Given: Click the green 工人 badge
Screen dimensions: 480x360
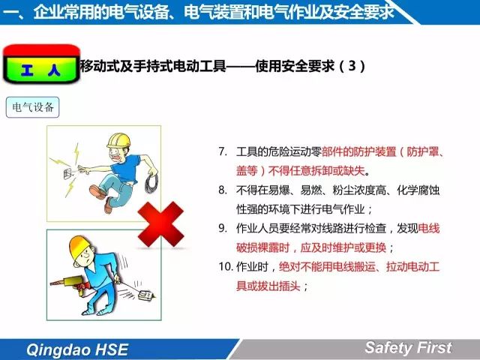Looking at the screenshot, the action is pyautogui.click(x=41, y=64).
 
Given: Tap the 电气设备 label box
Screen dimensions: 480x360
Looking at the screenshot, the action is pyautogui.click(x=32, y=107).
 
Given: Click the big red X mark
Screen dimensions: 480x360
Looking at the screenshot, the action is pyautogui.click(x=160, y=224).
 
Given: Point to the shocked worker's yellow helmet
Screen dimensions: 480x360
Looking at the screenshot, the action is pyautogui.click(x=118, y=140).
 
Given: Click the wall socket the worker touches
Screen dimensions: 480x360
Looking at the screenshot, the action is pyautogui.click(x=68, y=173).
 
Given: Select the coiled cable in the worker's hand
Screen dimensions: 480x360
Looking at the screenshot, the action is pyautogui.click(x=151, y=183).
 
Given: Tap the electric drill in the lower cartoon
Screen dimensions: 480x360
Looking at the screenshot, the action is pyautogui.click(x=70, y=284).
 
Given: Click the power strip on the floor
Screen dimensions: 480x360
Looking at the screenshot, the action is pyautogui.click(x=146, y=295).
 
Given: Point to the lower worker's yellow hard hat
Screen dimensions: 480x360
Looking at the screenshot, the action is pyautogui.click(x=79, y=246).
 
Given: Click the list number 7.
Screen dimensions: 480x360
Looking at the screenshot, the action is pyautogui.click(x=223, y=151).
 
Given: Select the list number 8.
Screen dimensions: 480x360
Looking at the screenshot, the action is pyautogui.click(x=223, y=190).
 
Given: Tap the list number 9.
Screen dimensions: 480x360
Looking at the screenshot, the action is pyautogui.click(x=223, y=228).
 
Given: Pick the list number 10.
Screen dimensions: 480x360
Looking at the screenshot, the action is pyautogui.click(x=226, y=266).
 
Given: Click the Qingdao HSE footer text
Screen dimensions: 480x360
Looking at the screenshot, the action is pyautogui.click(x=77, y=349).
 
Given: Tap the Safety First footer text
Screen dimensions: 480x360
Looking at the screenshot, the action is pyautogui.click(x=408, y=347).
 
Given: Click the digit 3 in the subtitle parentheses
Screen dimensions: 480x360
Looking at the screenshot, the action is pyautogui.click(x=352, y=65).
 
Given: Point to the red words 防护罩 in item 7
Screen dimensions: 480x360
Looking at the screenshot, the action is pyautogui.click(x=423, y=151).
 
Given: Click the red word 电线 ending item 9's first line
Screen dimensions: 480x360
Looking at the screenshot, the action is pyautogui.click(x=428, y=228).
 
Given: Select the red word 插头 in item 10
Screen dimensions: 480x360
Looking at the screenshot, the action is pyautogui.click(x=289, y=286).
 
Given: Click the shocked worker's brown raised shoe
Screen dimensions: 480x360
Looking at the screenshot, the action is pyautogui.click(x=98, y=192).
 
